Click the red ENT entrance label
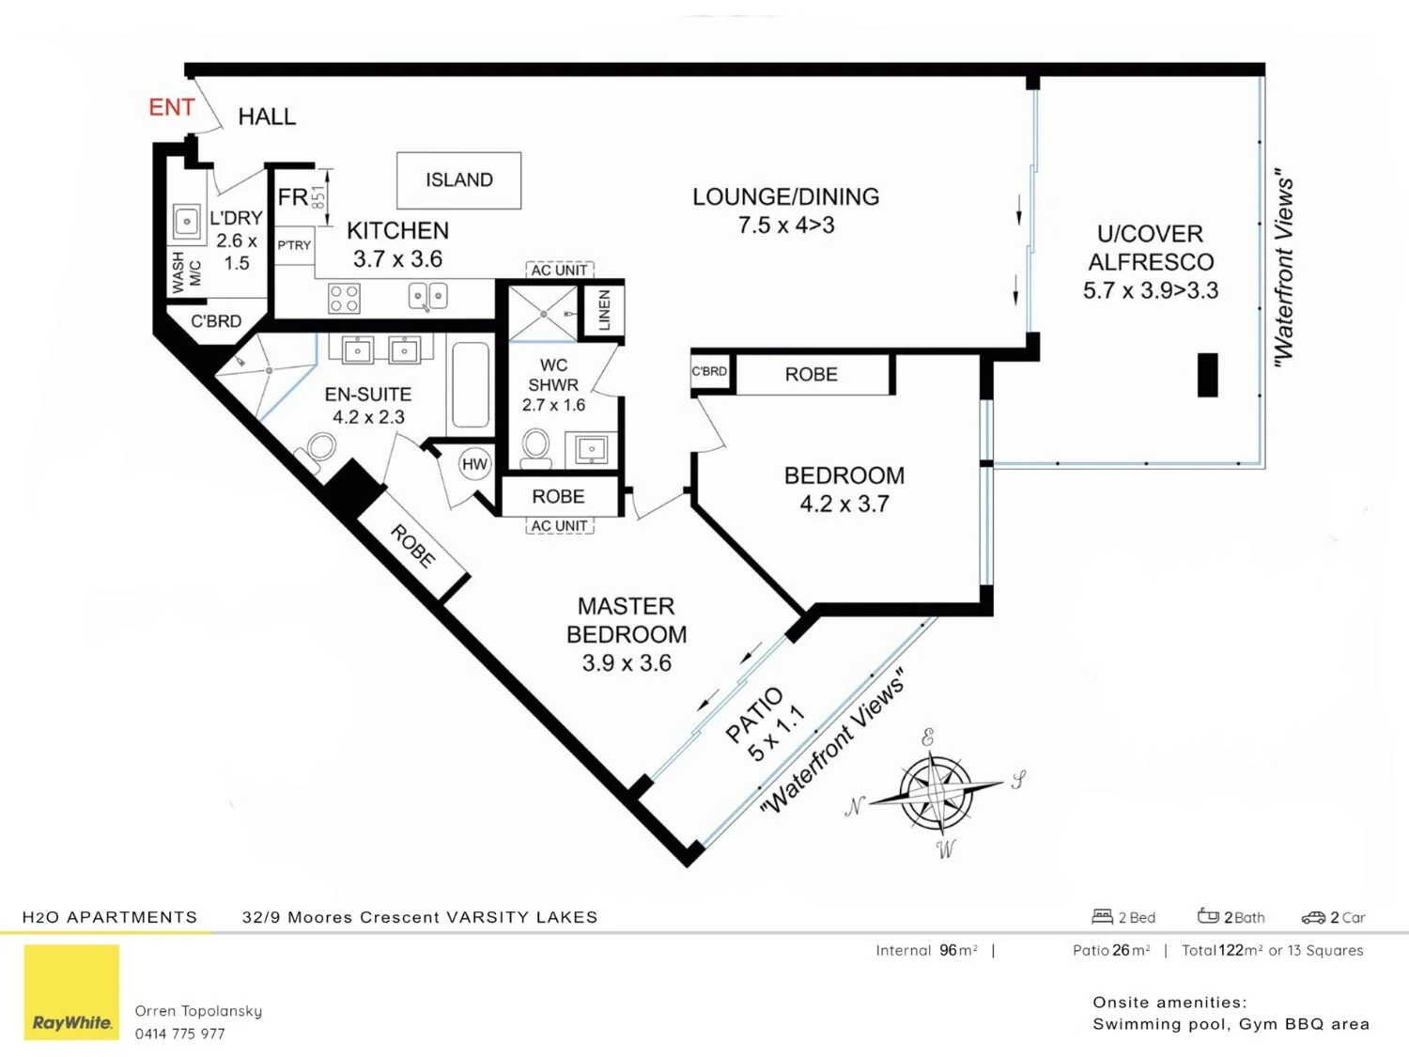[172, 108]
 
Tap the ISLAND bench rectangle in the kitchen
[458, 180]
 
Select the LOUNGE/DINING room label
[785, 197]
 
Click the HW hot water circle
[475, 464]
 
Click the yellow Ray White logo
[71, 992]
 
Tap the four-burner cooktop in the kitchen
[344, 299]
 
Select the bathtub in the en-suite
[470, 385]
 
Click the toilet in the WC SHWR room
[536, 447]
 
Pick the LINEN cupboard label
[604, 309]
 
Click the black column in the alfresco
[1207, 375]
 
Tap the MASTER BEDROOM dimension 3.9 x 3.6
[627, 663]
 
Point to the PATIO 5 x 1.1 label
[766, 723]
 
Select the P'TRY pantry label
[294, 245]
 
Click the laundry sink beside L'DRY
[187, 223]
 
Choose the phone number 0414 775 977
[179, 1034]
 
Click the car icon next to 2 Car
[1312, 917]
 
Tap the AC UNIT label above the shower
[559, 271]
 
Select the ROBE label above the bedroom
[811, 375]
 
